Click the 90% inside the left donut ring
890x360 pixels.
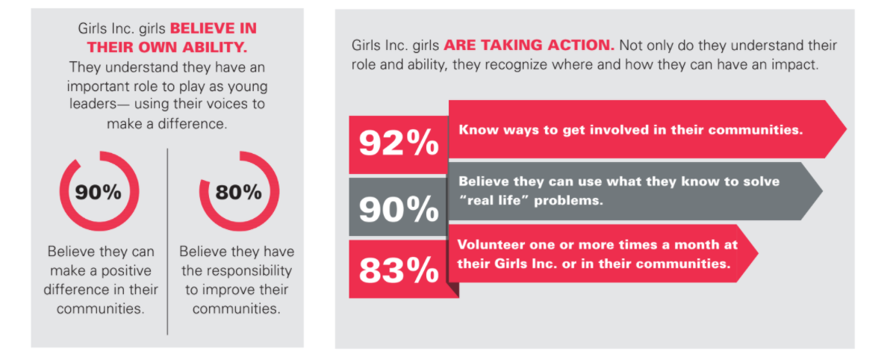[x=99, y=192]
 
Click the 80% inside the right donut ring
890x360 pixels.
[x=238, y=192]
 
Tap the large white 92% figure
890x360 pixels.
[x=399, y=143]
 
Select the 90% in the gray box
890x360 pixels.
[x=399, y=208]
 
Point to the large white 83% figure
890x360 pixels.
[x=399, y=270]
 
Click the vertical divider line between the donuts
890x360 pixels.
[x=167, y=239]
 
